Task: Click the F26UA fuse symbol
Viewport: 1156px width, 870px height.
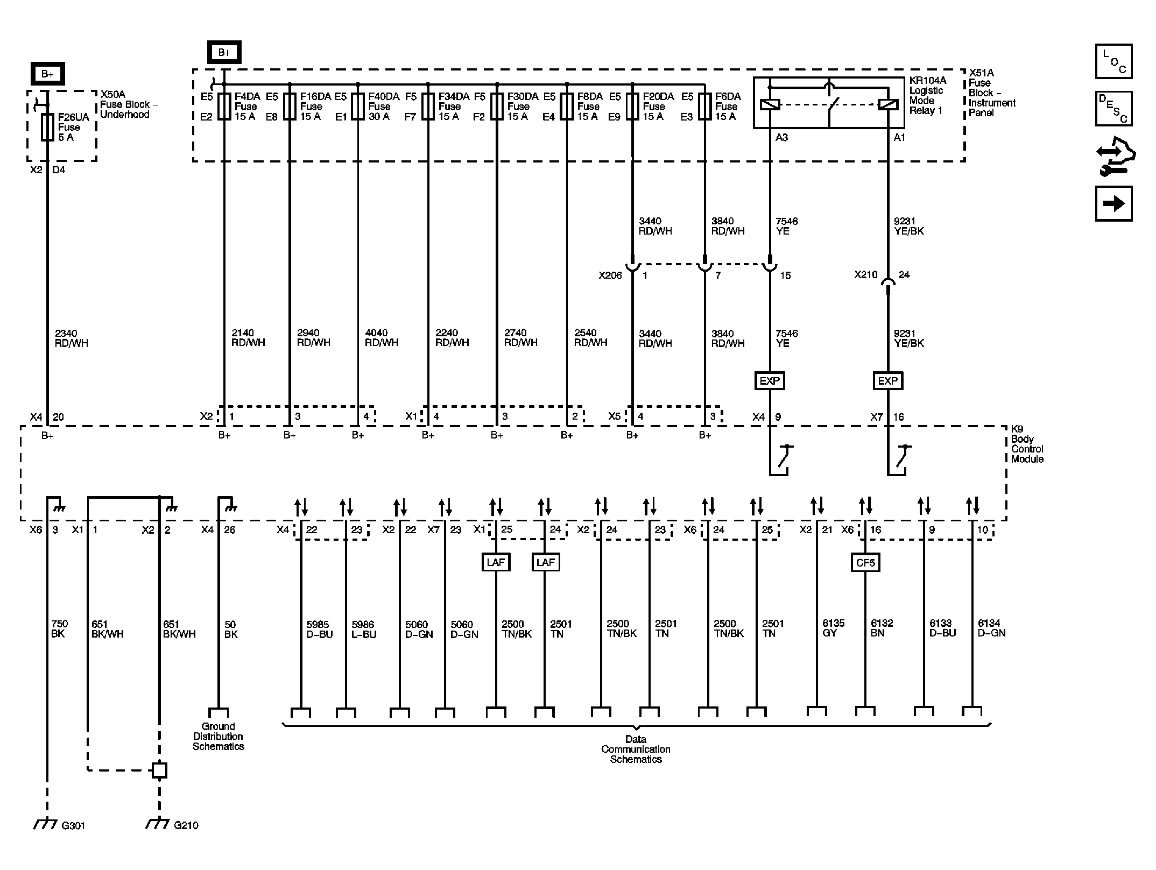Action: (x=47, y=127)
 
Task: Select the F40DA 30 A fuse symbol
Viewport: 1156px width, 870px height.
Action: (x=358, y=106)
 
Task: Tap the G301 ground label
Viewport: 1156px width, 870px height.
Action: (x=73, y=825)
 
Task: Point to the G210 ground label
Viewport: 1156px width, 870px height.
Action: (x=186, y=825)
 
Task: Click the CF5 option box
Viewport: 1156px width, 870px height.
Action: (x=865, y=563)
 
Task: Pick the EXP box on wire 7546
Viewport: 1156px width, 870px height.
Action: (x=770, y=381)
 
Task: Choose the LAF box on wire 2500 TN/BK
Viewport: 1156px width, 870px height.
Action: (x=496, y=562)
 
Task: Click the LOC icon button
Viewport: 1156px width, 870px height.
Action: (x=1113, y=61)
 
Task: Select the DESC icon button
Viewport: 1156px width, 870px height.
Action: (x=1113, y=109)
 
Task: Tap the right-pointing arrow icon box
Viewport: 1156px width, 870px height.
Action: (x=1113, y=203)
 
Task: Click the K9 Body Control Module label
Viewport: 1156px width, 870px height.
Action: (x=1027, y=444)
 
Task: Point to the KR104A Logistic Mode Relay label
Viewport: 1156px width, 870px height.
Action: (x=927, y=96)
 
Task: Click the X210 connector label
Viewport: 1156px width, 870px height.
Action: (x=865, y=275)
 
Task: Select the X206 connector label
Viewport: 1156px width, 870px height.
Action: (x=610, y=275)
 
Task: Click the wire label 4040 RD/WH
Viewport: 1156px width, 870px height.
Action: (x=382, y=338)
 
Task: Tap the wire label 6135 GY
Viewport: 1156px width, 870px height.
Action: (x=833, y=628)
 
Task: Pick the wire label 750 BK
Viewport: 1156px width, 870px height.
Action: (x=59, y=629)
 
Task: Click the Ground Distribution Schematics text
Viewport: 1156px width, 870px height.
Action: (x=218, y=737)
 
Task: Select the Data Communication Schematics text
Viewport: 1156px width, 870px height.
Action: (x=636, y=749)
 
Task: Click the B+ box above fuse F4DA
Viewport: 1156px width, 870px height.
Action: (x=224, y=53)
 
